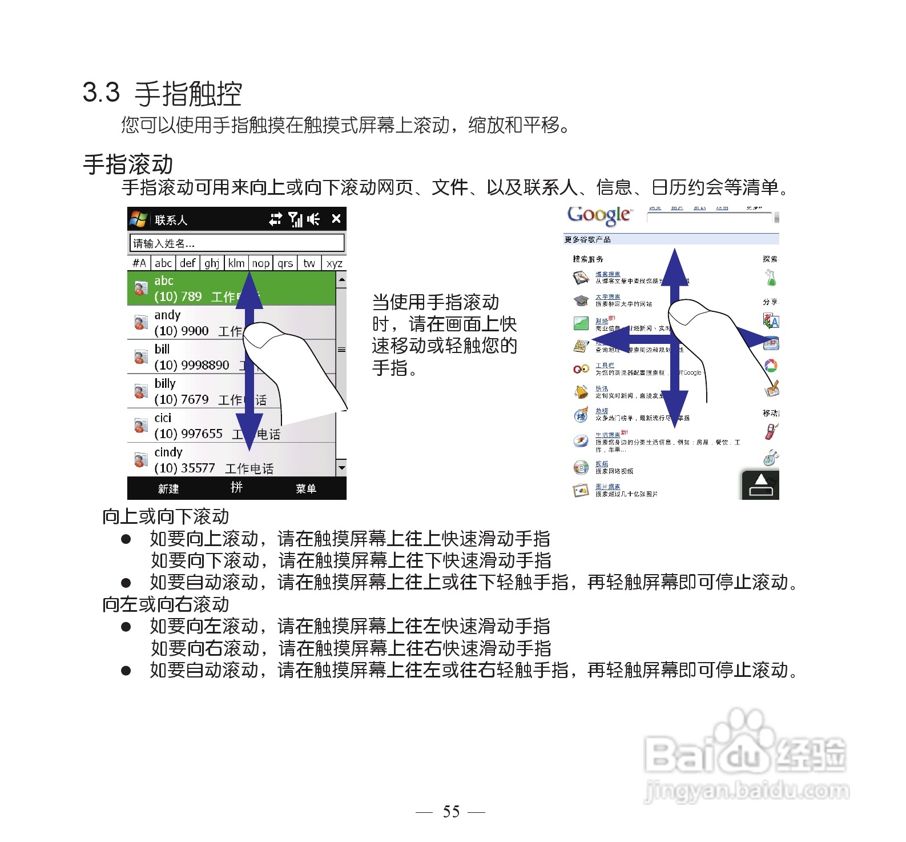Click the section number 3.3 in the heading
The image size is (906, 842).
click(101, 93)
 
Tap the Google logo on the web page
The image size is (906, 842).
click(599, 215)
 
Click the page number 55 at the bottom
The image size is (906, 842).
click(451, 811)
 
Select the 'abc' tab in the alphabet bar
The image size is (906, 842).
click(163, 263)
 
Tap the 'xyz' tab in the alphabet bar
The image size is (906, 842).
click(334, 263)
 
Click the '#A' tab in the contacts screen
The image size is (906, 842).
click(139, 263)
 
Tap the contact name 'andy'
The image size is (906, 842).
click(167, 315)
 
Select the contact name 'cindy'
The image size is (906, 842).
click(168, 452)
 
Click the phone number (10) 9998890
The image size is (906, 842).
click(192, 365)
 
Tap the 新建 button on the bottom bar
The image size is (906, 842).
click(168, 488)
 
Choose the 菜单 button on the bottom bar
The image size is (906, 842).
click(306, 488)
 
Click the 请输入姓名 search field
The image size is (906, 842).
click(237, 243)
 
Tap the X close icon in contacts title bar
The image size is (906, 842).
click(336, 218)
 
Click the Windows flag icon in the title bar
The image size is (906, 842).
click(138, 219)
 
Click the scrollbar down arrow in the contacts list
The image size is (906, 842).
click(341, 467)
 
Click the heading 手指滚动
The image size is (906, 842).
click(128, 165)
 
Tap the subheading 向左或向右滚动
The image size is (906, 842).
click(166, 604)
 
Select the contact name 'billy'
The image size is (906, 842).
click(165, 383)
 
